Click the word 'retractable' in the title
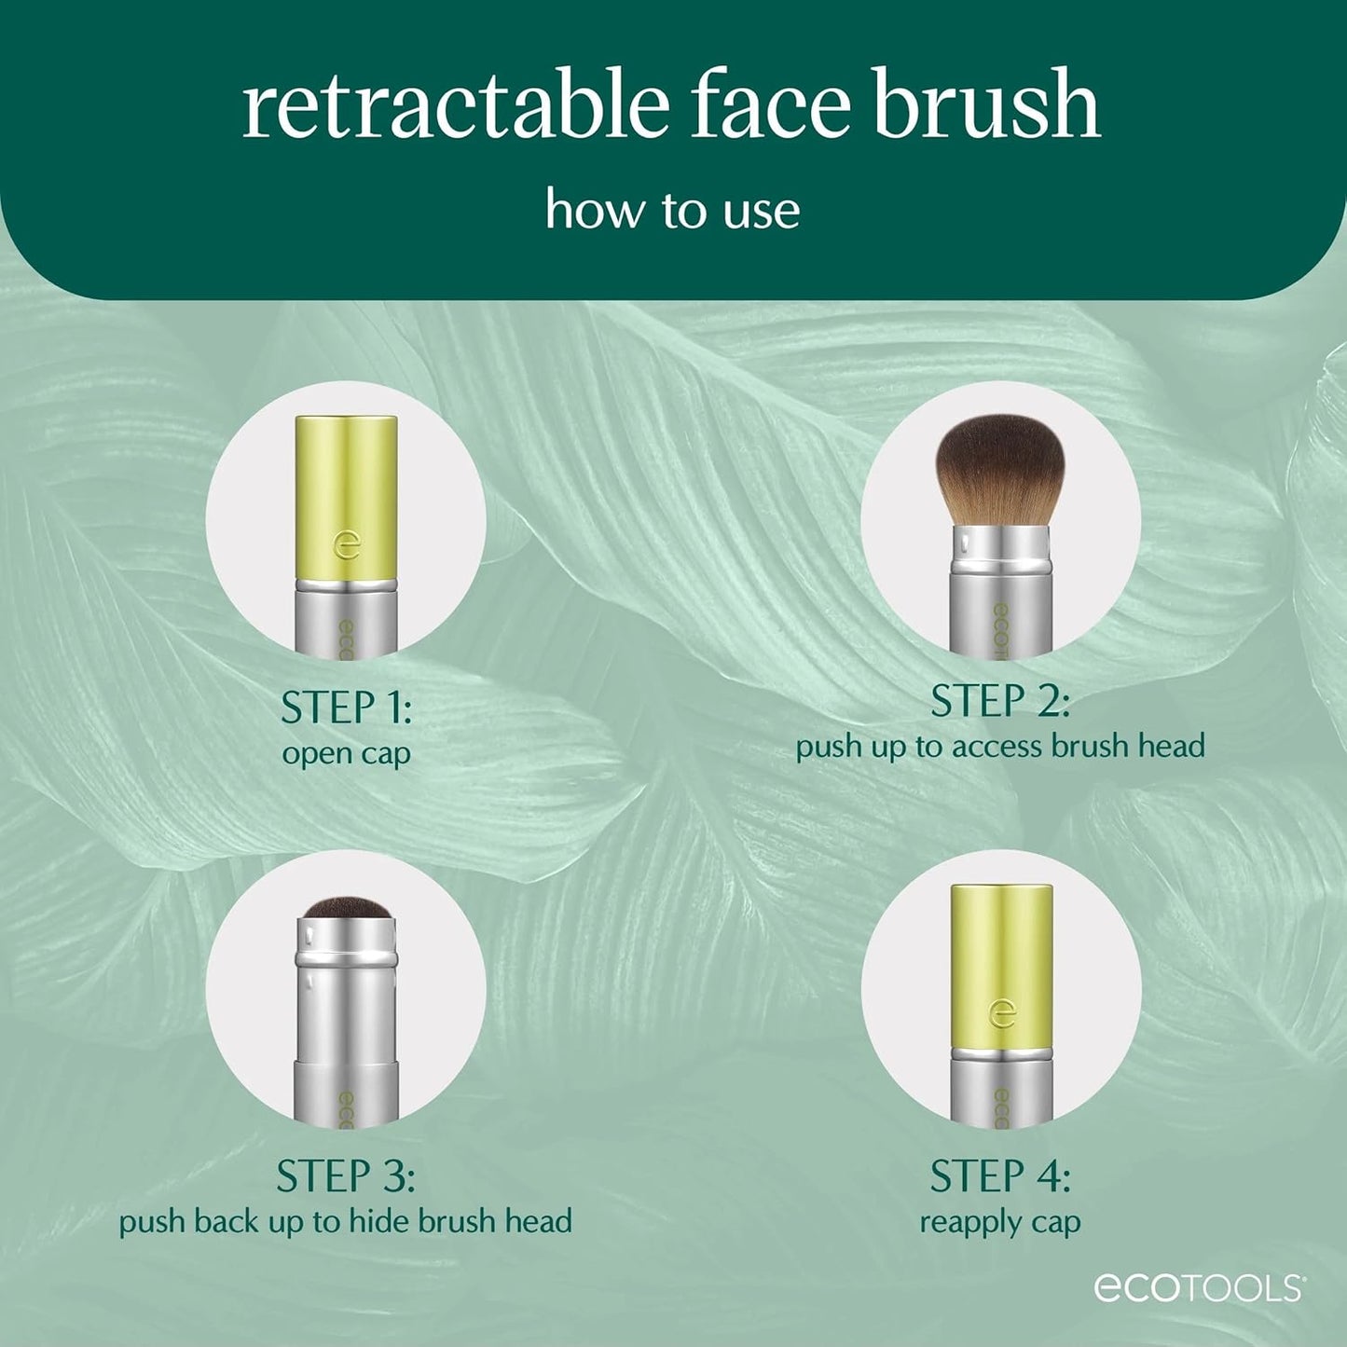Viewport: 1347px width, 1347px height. point(454,104)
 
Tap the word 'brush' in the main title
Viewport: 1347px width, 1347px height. point(986,104)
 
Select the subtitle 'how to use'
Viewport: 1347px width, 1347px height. point(672,210)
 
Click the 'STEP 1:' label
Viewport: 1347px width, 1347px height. point(346,708)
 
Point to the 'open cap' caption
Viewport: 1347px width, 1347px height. point(346,753)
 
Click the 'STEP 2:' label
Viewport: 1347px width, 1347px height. point(1000,701)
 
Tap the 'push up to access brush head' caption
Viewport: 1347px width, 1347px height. point(1000,747)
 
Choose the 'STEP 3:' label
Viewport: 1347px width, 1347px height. point(346,1176)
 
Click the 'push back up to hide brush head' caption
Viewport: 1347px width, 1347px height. point(346,1222)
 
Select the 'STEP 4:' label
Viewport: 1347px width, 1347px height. point(1000,1176)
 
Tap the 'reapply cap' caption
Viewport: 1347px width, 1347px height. point(1000,1222)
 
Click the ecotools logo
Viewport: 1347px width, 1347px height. point(1199,1287)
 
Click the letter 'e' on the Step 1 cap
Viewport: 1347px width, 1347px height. point(347,545)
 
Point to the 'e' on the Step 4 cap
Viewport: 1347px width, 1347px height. point(1003,1013)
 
